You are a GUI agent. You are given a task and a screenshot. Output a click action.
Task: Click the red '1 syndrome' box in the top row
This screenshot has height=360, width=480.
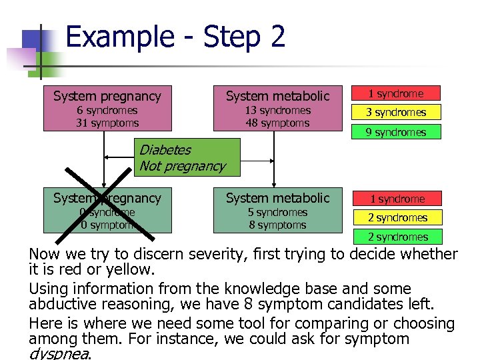pos(396,93)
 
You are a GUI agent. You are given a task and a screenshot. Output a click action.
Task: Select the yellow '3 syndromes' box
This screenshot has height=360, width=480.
pos(396,112)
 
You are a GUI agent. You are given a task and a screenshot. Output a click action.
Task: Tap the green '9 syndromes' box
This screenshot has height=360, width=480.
pos(396,132)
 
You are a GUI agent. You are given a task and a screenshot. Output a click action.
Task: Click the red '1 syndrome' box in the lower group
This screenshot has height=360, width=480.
pos(397,199)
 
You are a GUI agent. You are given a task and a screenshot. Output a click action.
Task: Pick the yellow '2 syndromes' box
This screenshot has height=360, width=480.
pos(397,217)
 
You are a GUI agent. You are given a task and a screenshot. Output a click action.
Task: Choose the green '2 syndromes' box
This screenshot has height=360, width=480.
pos(397,237)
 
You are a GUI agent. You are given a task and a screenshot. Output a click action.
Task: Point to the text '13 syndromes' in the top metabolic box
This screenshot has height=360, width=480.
pos(277,110)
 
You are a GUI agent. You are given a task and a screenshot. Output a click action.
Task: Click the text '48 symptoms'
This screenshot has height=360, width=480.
pos(277,123)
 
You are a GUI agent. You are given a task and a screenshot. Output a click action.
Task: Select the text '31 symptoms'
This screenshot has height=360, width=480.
pos(107,123)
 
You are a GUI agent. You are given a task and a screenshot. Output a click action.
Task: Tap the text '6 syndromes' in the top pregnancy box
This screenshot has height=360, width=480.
pos(107,110)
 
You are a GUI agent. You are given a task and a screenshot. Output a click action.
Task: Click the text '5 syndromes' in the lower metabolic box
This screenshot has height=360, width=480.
pos(277,212)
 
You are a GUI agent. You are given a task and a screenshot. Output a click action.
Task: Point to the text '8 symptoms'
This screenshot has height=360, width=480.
pos(277,225)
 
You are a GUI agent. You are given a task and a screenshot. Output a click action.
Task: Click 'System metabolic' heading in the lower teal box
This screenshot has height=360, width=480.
pos(277,198)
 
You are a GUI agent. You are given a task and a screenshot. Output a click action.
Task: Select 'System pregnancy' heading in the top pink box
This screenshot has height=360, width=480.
pos(107,96)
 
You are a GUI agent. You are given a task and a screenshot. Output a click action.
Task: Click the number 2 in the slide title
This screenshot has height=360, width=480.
pos(277,36)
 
